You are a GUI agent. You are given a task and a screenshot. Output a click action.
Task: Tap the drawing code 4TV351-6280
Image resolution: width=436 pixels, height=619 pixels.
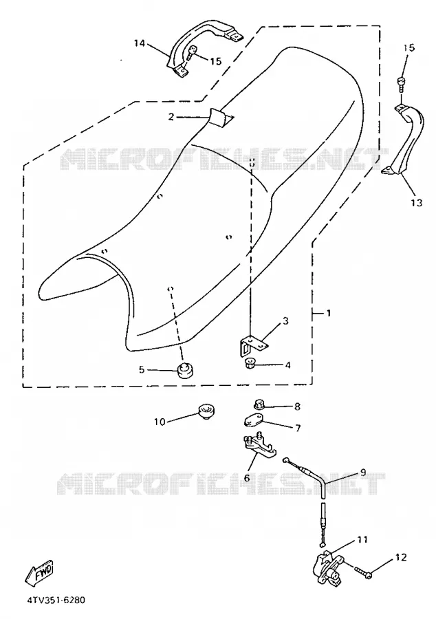(56, 600)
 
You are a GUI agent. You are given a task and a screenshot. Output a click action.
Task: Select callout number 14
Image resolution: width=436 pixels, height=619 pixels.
(140, 43)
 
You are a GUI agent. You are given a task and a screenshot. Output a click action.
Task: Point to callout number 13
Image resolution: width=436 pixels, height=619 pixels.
(416, 202)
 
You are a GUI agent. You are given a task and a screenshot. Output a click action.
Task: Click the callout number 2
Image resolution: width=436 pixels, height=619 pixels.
(171, 117)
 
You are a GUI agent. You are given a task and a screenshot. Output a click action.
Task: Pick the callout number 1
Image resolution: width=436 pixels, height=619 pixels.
(328, 313)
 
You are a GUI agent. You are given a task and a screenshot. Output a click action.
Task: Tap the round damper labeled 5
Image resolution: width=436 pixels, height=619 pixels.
(184, 370)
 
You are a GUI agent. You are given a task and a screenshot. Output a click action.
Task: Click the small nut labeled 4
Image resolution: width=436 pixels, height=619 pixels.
(249, 364)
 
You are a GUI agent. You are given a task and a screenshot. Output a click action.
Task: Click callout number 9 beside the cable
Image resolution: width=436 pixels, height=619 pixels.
(363, 472)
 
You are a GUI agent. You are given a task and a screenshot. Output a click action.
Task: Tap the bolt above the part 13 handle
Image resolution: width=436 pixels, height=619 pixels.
(401, 85)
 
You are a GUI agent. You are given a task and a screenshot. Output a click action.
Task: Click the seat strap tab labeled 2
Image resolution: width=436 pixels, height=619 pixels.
(219, 117)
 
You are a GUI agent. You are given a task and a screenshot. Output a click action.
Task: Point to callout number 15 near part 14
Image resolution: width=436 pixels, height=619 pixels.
(216, 61)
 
